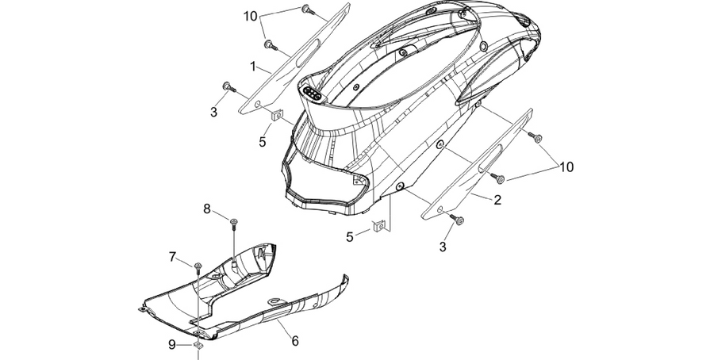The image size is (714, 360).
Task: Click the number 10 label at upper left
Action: point(251,17)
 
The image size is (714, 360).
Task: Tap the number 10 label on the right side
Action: point(566,167)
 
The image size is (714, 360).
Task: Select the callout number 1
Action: point(253,67)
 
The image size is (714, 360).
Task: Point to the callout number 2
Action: point(497,199)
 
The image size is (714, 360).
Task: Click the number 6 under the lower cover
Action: point(295,340)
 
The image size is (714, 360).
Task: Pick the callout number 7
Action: point(172,257)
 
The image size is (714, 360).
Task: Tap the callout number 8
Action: point(207,209)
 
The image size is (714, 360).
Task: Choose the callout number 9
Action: point(171,345)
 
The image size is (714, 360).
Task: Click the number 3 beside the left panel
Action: point(213,112)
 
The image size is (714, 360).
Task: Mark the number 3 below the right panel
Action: point(443,247)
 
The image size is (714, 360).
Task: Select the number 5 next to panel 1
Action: point(263,142)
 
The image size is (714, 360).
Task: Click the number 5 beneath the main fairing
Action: point(350,237)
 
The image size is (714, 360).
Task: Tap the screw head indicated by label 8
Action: point(235,221)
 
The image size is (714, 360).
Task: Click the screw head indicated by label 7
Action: point(198,265)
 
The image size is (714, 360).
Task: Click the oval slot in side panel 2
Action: point(490,156)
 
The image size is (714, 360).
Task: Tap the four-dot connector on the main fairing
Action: point(312,93)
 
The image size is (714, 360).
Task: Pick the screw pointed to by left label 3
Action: point(227,86)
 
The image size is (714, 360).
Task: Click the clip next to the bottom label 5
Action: point(378,225)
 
